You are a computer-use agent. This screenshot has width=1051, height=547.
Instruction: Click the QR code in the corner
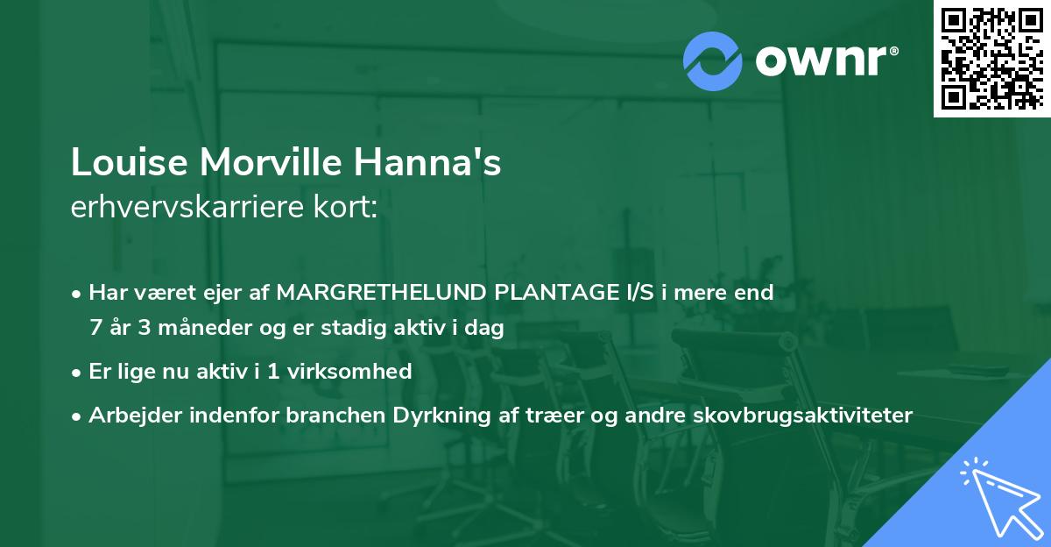tap(991, 58)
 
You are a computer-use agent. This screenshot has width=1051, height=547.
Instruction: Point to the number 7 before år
tap(95, 329)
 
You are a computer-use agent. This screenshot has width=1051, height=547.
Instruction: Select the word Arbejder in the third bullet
tap(130, 415)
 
